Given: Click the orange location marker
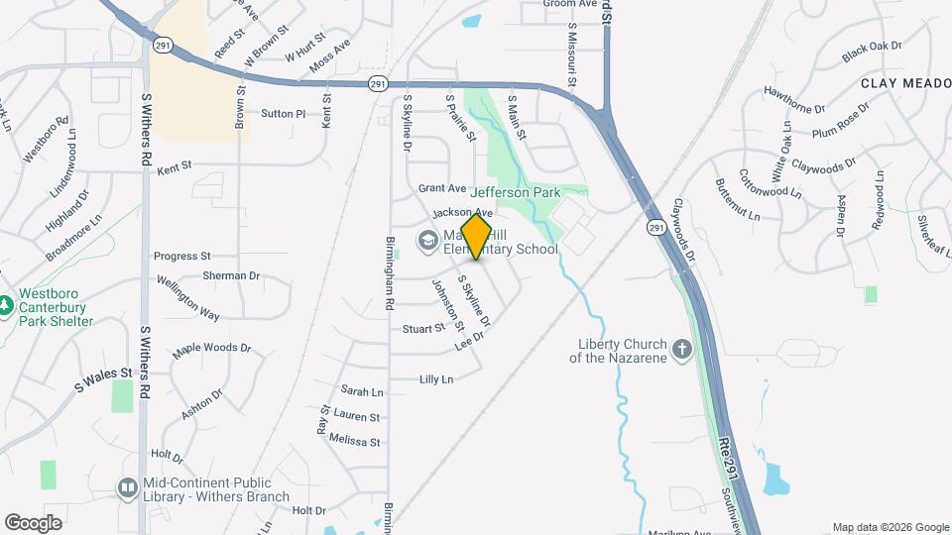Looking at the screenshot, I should pyautogui.click(x=476, y=236).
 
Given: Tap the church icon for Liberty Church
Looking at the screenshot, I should pyautogui.click(x=681, y=349).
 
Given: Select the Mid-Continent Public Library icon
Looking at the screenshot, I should pyautogui.click(x=128, y=486).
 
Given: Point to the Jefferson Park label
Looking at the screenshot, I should pyautogui.click(x=516, y=192).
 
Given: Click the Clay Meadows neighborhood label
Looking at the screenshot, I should pyautogui.click(x=905, y=84).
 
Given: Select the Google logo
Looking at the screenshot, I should pyautogui.click(x=33, y=522).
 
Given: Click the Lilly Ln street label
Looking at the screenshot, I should pyautogui.click(x=436, y=379).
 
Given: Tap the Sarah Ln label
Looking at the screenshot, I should pyautogui.click(x=361, y=391).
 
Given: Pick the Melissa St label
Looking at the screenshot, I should pyautogui.click(x=354, y=441).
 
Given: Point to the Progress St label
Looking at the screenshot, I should pyautogui.click(x=182, y=256).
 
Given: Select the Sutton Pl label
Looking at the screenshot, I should pyautogui.click(x=283, y=114).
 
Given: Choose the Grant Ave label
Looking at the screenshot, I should pyautogui.click(x=442, y=187).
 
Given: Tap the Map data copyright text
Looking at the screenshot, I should pyautogui.click(x=890, y=527).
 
